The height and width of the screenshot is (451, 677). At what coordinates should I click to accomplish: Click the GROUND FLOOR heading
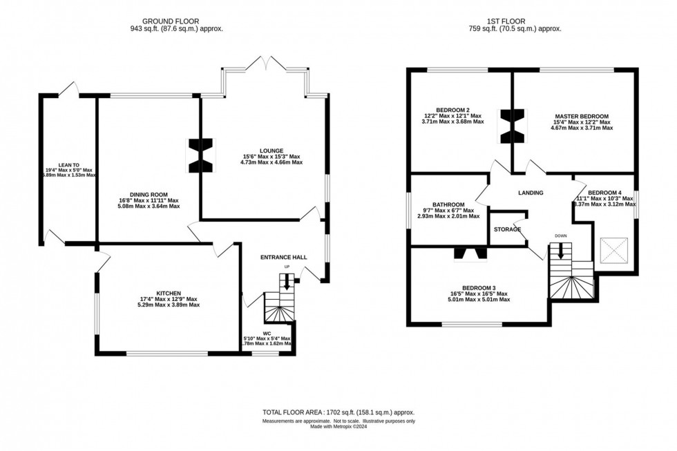click(x=176, y=20)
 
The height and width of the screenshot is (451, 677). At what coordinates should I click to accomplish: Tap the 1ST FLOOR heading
click(x=514, y=20)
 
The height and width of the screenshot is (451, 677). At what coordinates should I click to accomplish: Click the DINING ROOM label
click(x=149, y=195)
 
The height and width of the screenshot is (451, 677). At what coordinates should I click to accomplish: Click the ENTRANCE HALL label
click(x=283, y=258)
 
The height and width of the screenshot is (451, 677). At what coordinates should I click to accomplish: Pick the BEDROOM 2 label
click(x=452, y=109)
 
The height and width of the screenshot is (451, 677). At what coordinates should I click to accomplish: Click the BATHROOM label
click(x=448, y=204)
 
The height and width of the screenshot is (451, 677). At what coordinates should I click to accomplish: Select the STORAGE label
click(x=507, y=229)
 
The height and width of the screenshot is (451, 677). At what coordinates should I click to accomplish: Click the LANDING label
click(x=530, y=193)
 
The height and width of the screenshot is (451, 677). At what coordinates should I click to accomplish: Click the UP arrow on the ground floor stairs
click(x=287, y=278)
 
